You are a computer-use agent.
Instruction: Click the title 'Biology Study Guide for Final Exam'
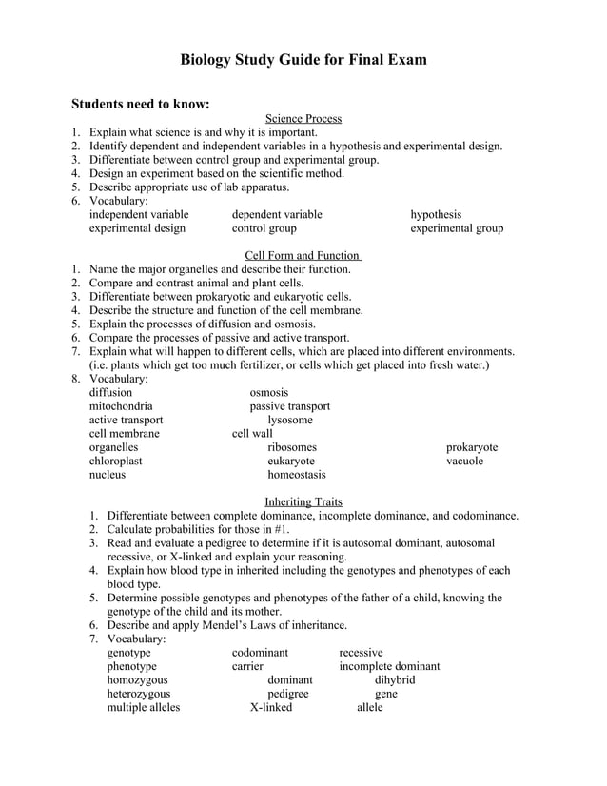click(x=303, y=60)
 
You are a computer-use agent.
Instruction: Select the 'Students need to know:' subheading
click(x=141, y=103)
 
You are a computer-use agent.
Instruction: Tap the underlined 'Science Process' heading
click(x=303, y=119)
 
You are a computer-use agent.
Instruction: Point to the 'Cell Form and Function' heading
click(x=303, y=256)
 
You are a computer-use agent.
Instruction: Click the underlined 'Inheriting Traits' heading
click(x=303, y=501)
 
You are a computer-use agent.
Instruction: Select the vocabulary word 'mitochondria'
click(x=121, y=406)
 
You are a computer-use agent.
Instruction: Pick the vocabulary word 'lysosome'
click(x=290, y=420)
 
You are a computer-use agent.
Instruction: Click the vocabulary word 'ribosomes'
click(x=292, y=447)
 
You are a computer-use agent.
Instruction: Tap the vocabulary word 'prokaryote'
click(x=472, y=447)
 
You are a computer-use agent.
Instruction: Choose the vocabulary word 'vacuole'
click(x=465, y=461)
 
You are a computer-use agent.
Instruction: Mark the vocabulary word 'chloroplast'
click(x=116, y=461)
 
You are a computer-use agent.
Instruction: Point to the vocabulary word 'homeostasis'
click(x=297, y=474)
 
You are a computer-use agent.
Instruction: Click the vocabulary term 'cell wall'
click(x=252, y=434)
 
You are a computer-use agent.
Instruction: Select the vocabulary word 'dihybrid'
click(x=395, y=680)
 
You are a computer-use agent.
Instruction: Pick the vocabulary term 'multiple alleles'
click(x=144, y=707)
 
